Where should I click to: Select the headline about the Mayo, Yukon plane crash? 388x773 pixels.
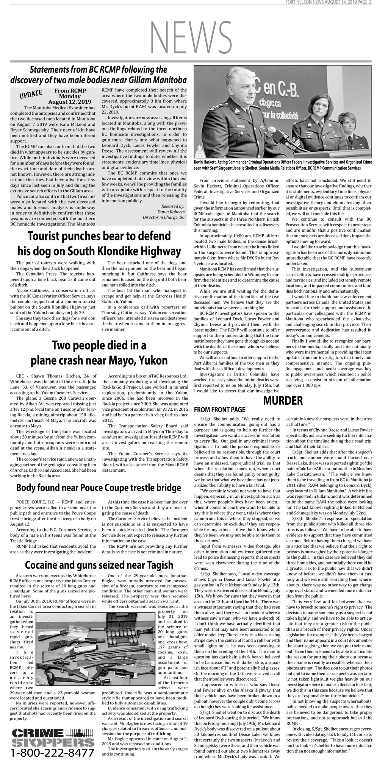pos(99,353)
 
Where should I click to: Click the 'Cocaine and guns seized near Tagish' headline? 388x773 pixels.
pos(99,565)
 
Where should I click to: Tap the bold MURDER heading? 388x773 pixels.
pos(283,400)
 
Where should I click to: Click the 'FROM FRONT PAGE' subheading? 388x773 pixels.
pos(219,410)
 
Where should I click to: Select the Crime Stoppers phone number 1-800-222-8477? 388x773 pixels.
pos(52,752)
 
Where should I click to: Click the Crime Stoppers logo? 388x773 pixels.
pos(52,736)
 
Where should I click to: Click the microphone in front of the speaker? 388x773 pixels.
pos(272,131)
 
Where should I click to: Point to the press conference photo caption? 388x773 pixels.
pos(283,165)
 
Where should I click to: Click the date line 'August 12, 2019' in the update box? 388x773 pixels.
pos(70,102)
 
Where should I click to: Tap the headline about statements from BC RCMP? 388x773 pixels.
pos(99,75)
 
